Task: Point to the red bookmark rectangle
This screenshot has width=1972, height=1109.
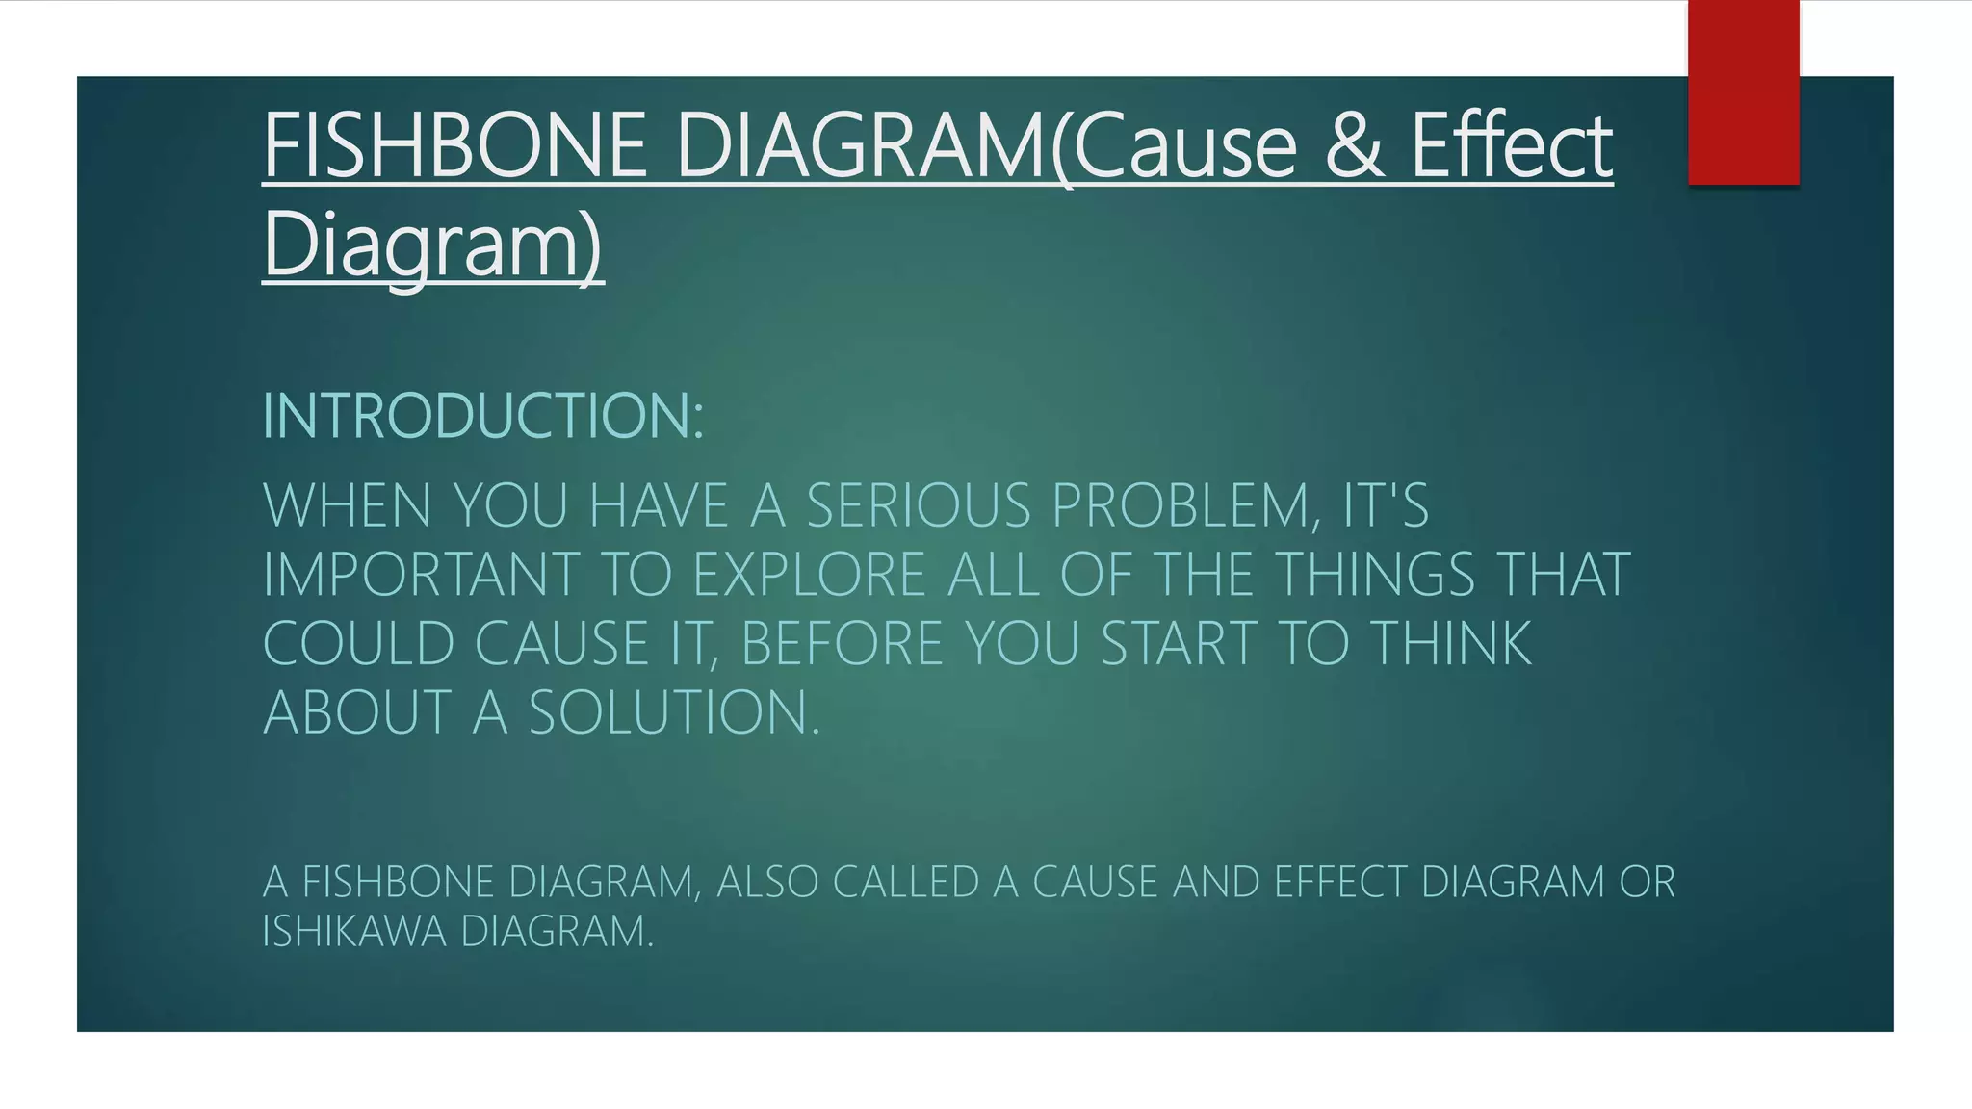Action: pyautogui.click(x=1743, y=91)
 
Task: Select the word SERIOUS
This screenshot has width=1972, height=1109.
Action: pyautogui.click(x=919, y=505)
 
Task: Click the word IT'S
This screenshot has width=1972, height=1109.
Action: pyautogui.click(x=1386, y=505)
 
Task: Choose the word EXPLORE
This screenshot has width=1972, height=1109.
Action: pyautogui.click(x=810, y=575)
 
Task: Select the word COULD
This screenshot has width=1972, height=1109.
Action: pyautogui.click(x=358, y=644)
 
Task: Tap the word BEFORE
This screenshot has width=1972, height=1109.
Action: pyautogui.click(x=843, y=644)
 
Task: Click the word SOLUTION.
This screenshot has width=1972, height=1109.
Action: pyautogui.click(x=674, y=713)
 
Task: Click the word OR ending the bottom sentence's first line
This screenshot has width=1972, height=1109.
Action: pyautogui.click(x=1648, y=882)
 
